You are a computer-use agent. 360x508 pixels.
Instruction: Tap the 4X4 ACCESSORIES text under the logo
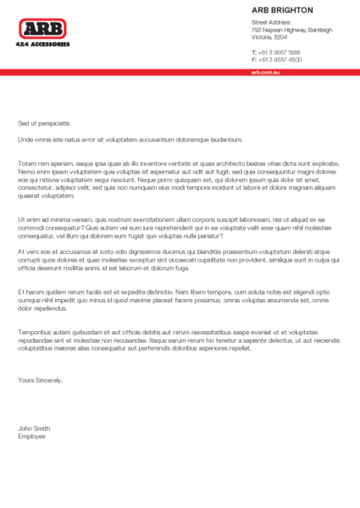pos(43,43)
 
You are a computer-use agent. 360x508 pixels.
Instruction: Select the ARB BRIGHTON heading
pos(282,10)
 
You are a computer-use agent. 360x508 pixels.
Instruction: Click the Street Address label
pos(272,22)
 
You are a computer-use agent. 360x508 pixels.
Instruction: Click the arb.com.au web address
pos(265,73)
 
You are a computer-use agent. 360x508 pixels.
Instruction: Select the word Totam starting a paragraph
pos(27,162)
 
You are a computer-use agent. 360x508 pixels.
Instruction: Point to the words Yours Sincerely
pos(40,380)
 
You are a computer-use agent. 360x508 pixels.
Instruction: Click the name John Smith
pos(35,428)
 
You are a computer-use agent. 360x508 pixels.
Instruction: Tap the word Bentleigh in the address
pos(318,30)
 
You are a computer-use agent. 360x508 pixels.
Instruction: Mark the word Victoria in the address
pos(262,37)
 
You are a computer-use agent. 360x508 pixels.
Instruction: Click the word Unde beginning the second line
pos(25,138)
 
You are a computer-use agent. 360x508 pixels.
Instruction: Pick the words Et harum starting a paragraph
pos(29,291)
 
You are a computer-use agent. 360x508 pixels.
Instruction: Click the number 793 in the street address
pos(256,30)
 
